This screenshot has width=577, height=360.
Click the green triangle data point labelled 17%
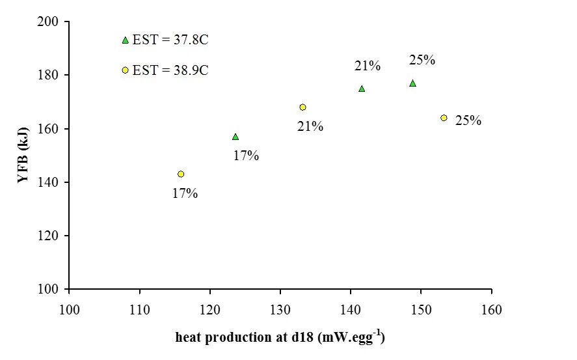[235, 137]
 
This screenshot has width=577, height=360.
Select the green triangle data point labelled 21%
[362, 89]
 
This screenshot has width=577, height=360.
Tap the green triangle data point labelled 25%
[412, 83]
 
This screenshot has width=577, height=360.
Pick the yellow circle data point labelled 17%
[181, 174]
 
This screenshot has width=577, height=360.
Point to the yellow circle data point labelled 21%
[302, 107]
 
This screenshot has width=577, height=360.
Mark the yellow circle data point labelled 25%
[444, 118]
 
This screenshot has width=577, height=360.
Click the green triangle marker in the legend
[125, 40]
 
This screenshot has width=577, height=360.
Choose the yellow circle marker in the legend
[125, 70]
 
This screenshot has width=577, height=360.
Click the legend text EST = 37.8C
[170, 40]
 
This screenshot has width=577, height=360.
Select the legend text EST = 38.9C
[170, 70]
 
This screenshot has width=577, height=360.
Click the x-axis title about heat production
[280, 337]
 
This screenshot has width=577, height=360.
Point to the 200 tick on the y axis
[49, 22]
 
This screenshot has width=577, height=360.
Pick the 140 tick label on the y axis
[49, 182]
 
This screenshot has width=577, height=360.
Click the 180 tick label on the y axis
[49, 76]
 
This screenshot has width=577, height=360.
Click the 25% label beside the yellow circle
[468, 120]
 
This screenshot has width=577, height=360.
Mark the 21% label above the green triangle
[368, 66]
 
